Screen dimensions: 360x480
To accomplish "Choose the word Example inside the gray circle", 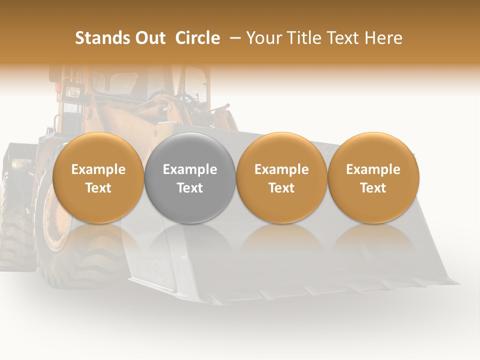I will (x=190, y=169).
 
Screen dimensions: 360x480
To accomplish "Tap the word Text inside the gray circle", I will (x=190, y=188).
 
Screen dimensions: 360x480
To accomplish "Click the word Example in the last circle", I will (x=373, y=169).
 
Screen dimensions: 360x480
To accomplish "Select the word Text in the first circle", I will (x=98, y=188).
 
